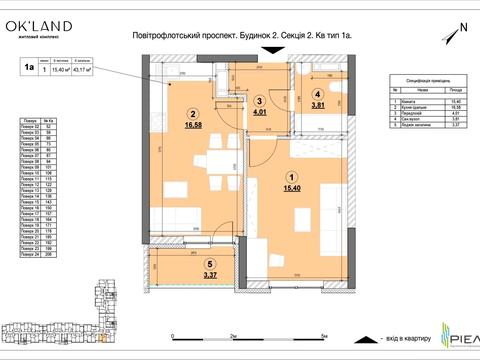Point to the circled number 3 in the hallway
tap(259, 101)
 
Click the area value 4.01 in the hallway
tap(259, 114)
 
